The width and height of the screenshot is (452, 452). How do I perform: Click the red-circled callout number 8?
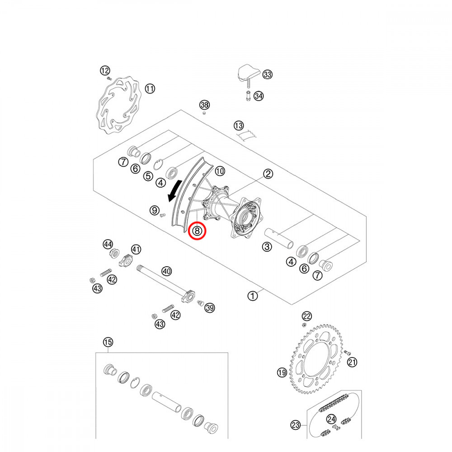coord(198,231)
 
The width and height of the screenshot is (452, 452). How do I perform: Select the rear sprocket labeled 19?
coord(316,359)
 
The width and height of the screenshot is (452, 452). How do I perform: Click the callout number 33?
coord(268,75)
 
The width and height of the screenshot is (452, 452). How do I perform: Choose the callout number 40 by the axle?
coord(167,271)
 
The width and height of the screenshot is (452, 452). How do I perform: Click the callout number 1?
coord(253,296)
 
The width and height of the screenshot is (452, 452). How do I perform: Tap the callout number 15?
coord(108,342)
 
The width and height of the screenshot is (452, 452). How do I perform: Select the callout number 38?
coord(205,105)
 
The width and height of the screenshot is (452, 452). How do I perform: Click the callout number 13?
coord(239,125)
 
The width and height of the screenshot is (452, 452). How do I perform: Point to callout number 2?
coord(268,174)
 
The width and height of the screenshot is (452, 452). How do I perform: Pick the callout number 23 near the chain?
coord(296,425)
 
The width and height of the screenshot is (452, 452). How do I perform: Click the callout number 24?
coord(331,419)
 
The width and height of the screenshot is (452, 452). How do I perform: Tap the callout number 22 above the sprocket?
coord(307,316)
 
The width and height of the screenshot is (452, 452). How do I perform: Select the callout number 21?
coord(352,362)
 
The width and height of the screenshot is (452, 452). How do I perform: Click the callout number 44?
coord(108,245)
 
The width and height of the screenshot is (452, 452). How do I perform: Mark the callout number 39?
coord(210,308)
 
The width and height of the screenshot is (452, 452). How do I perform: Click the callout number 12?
coord(105,71)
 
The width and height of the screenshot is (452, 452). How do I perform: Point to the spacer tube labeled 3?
coord(279,238)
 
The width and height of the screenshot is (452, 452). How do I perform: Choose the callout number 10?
coord(220,171)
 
